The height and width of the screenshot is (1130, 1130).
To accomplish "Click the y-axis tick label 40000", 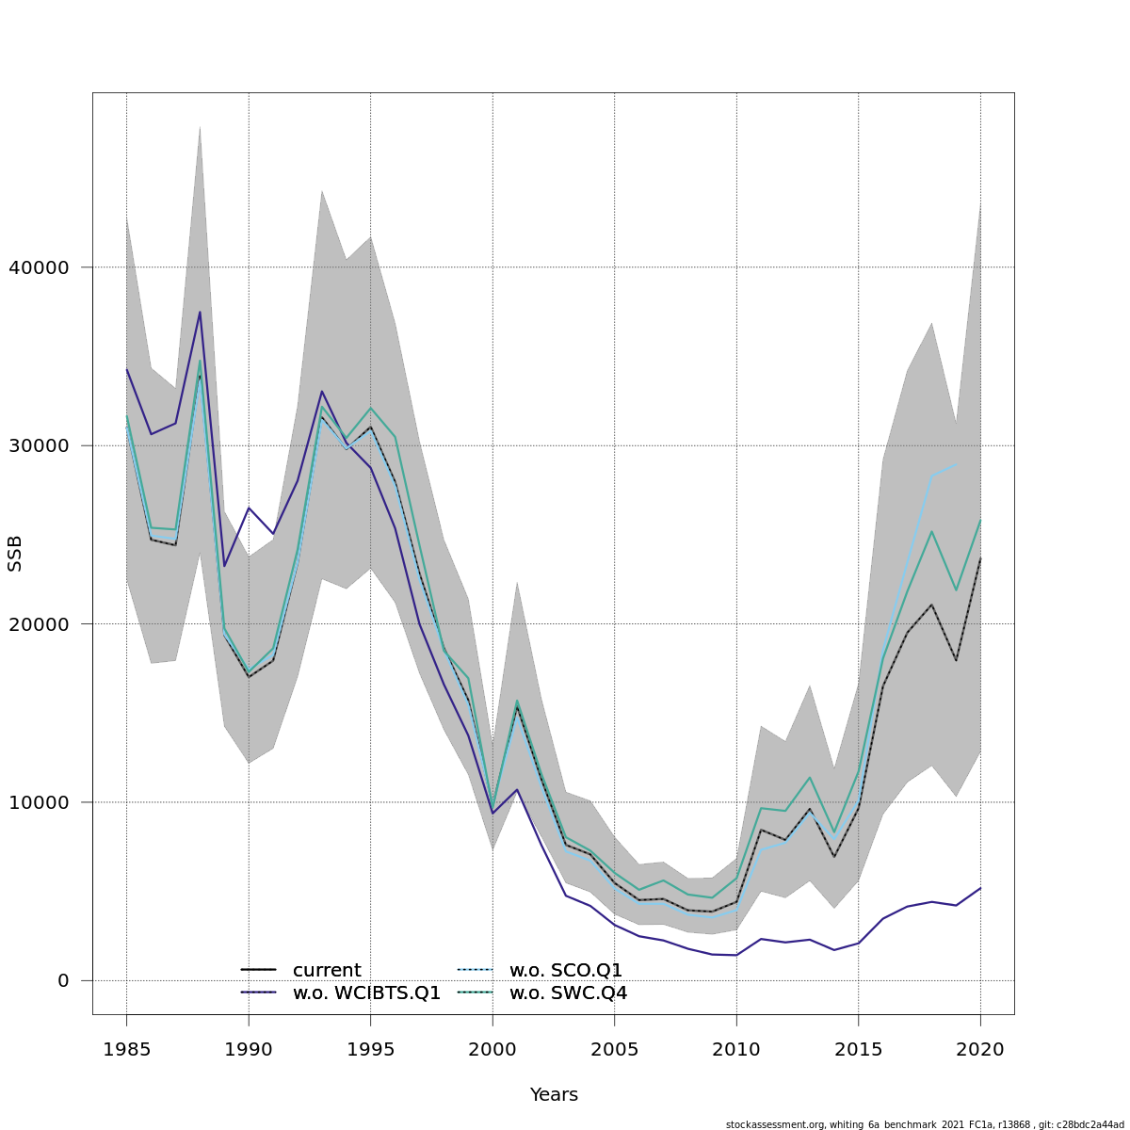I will [x=39, y=267].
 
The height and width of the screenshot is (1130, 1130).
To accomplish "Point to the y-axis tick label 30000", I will [x=39, y=445].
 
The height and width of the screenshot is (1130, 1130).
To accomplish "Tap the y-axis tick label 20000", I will [x=39, y=624].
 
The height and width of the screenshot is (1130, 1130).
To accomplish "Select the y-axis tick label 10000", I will [x=39, y=802].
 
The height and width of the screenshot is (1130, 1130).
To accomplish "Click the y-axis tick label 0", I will [x=63, y=981].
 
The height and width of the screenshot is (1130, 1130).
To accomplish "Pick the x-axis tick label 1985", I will [x=126, y=1050].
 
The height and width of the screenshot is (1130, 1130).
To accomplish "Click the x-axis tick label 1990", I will [x=249, y=1050].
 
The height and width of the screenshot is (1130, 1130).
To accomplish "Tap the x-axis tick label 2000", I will [x=492, y=1050].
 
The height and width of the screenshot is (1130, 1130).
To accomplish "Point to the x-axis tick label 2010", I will [x=736, y=1050].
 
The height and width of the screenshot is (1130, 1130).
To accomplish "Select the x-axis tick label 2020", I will [x=980, y=1050].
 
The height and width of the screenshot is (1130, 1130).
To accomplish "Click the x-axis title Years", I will [x=554, y=1095].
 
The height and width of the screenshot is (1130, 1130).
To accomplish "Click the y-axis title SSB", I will [x=14, y=553].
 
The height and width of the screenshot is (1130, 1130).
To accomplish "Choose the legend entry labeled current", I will [x=326, y=970].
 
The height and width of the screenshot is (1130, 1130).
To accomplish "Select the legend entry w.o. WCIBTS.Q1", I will [x=365, y=993].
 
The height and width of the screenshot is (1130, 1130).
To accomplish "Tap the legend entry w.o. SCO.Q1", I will [x=565, y=970].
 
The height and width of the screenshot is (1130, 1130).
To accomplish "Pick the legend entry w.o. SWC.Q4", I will [x=567, y=993].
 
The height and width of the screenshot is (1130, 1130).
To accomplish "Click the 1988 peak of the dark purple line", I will [x=200, y=312].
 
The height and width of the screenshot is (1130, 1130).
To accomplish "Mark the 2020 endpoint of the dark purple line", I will [x=980, y=888].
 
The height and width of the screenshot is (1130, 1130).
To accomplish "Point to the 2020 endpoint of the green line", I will [x=980, y=520].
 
